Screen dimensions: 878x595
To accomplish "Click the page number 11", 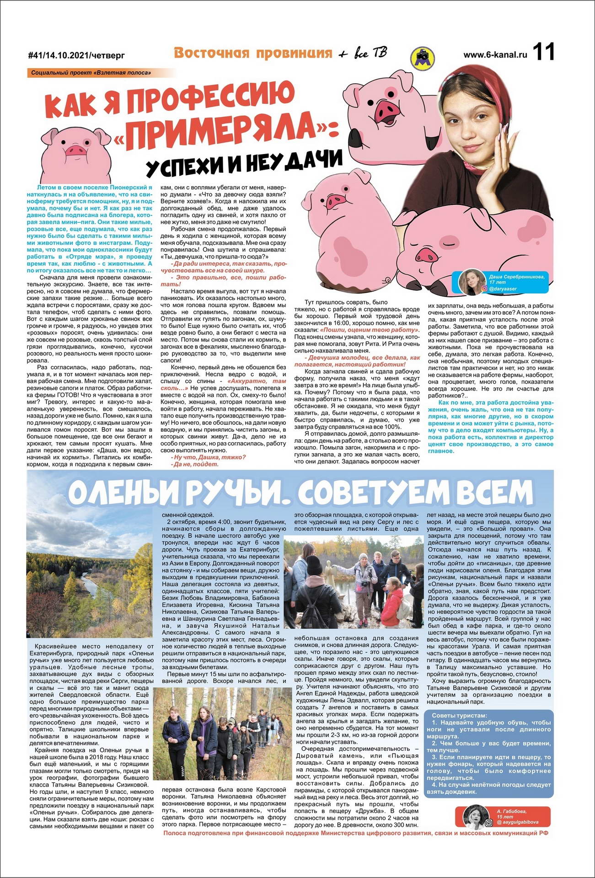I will click(x=543, y=51).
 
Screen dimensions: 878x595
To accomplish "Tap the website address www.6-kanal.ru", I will click(x=495, y=54).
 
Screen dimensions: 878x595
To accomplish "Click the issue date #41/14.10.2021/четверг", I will click(x=76, y=56).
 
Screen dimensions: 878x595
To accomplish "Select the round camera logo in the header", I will click(x=422, y=58).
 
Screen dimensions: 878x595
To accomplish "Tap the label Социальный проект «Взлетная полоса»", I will click(x=91, y=73).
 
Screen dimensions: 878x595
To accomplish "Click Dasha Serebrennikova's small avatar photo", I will click(x=472, y=282).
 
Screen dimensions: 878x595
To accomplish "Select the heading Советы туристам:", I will click(x=459, y=715).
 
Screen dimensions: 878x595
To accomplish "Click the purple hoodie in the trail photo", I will click(x=204, y=724).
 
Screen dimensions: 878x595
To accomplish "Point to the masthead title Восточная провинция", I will click(x=252, y=54).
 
